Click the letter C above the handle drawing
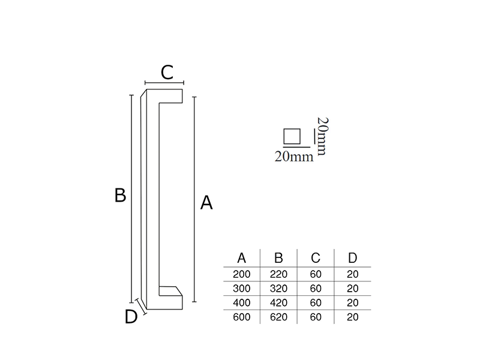pos(167,73)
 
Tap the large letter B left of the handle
pos(120,195)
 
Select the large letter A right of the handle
pos(206,203)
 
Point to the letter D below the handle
pos(131,316)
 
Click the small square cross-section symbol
pos(292,137)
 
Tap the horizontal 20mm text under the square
pos(294,157)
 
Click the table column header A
pos(242,258)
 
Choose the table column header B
pos(278,258)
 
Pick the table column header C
pos(316,258)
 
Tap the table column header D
pos(353,258)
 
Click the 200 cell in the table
pos(242,274)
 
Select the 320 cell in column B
pos(278,289)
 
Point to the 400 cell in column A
pos(242,303)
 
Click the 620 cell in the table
pos(278,317)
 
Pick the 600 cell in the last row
pos(242,317)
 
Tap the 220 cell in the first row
pos(278,274)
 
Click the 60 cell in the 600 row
pos(316,317)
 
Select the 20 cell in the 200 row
pos(353,274)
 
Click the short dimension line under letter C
pos(164,83)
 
